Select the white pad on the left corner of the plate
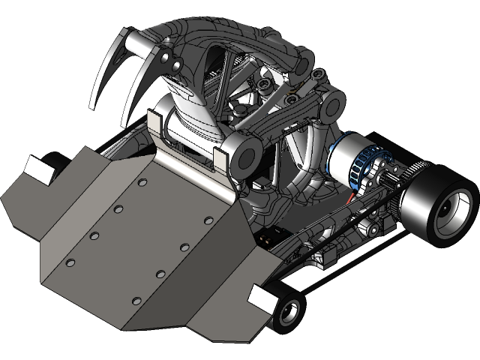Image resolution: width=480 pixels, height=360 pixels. [x=37, y=168]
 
